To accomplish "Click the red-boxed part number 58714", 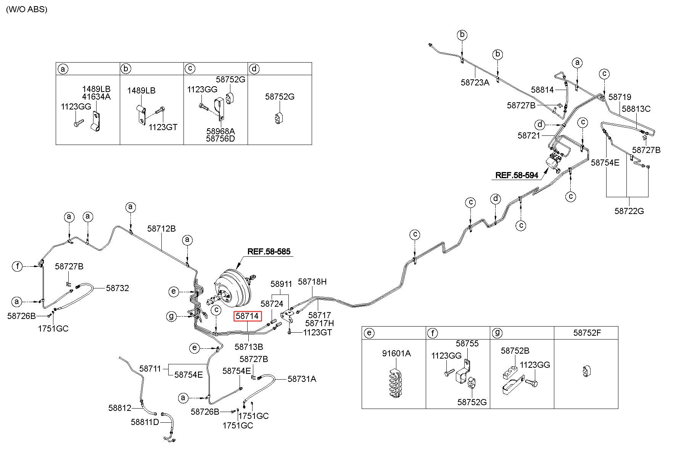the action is [x=247, y=316].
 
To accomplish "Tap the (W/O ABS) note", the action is [x=26, y=9].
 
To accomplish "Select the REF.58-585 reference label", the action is [x=269, y=251].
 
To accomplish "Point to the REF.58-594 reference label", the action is [x=517, y=175].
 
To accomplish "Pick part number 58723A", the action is [x=475, y=82].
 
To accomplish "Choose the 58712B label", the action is [x=161, y=229].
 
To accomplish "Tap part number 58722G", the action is [x=629, y=211].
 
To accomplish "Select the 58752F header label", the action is [x=587, y=332].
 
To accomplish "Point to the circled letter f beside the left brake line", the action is [x=17, y=266].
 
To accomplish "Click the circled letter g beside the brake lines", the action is [x=171, y=316].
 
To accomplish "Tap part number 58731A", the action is [x=302, y=378].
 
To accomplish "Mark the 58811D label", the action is [x=145, y=422].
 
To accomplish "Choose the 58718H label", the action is [x=312, y=282].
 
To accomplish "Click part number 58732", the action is [x=117, y=288].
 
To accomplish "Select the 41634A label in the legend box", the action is [x=96, y=97].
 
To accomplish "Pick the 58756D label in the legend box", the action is [x=221, y=138].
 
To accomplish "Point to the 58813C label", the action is [x=636, y=109].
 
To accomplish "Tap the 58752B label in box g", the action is [x=515, y=351].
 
